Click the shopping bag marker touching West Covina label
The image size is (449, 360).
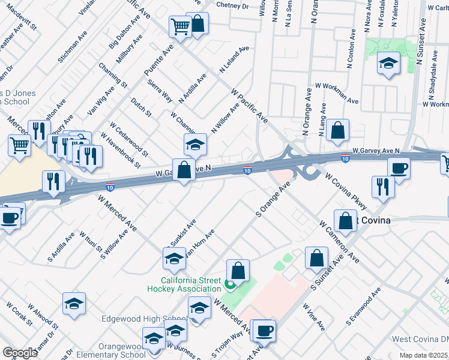click(x=346, y=221)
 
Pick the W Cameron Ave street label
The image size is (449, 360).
click(x=339, y=242)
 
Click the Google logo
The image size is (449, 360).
click(x=20, y=353)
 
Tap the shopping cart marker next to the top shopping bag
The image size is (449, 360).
click(x=180, y=26)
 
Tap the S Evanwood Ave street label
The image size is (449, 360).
click(x=363, y=307)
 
